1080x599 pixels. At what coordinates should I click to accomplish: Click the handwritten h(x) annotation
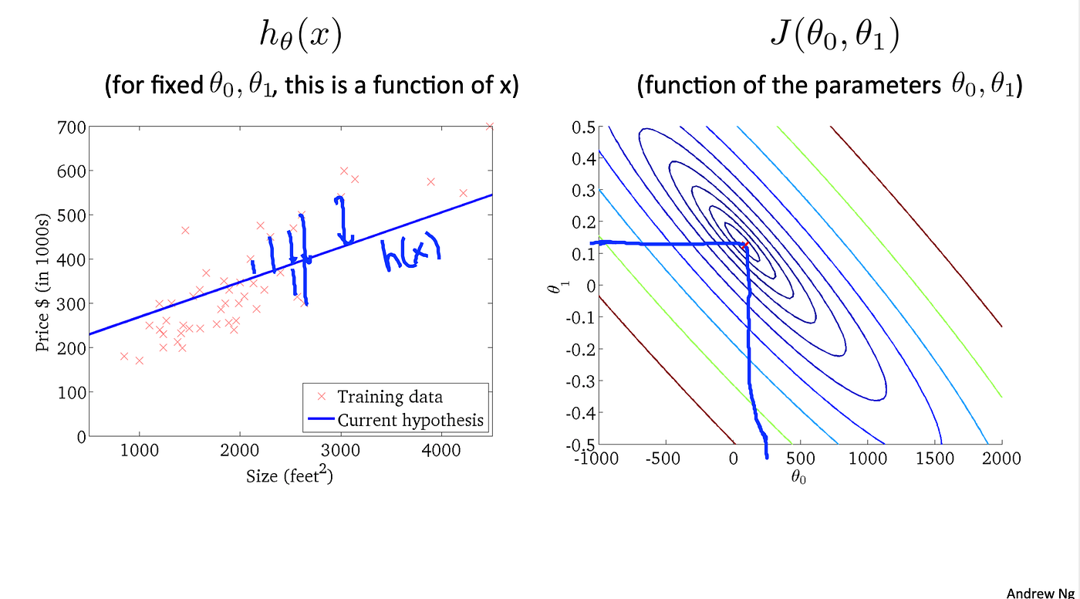click(x=410, y=254)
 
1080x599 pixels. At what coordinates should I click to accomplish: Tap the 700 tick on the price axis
click(x=71, y=127)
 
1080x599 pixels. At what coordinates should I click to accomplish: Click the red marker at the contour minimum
click(x=746, y=245)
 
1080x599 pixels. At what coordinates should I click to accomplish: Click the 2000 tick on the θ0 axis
click(x=1001, y=459)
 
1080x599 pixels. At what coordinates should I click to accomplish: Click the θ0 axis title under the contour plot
click(x=798, y=478)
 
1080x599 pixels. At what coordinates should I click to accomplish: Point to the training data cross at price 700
click(x=489, y=126)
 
